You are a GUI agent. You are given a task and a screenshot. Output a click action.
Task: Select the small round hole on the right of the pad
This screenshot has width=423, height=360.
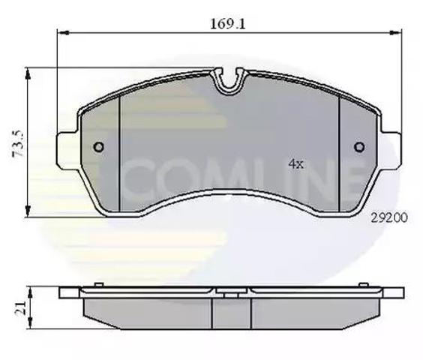point(358,147)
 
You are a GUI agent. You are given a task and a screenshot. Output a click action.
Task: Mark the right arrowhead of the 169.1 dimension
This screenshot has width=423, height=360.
point(394,32)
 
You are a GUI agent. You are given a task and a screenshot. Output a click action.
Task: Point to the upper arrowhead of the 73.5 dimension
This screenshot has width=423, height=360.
point(28,71)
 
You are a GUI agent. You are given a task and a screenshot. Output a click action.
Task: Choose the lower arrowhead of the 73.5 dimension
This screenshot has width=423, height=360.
point(28,213)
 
